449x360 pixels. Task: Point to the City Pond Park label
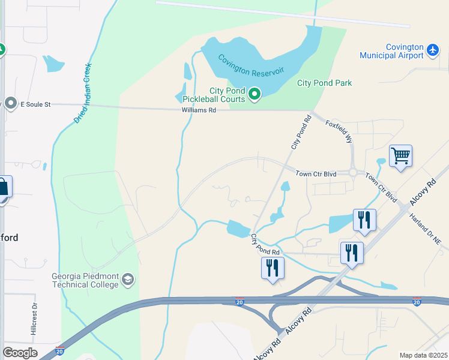coord(324,83)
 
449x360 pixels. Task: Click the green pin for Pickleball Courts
coord(255,94)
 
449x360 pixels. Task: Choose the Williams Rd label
coord(199,110)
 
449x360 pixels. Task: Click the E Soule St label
coord(35,104)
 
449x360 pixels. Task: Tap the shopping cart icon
coord(400,156)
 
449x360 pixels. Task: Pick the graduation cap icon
coord(128,280)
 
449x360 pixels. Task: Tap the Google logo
coord(20,353)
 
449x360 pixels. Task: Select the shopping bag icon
coord(3,187)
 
